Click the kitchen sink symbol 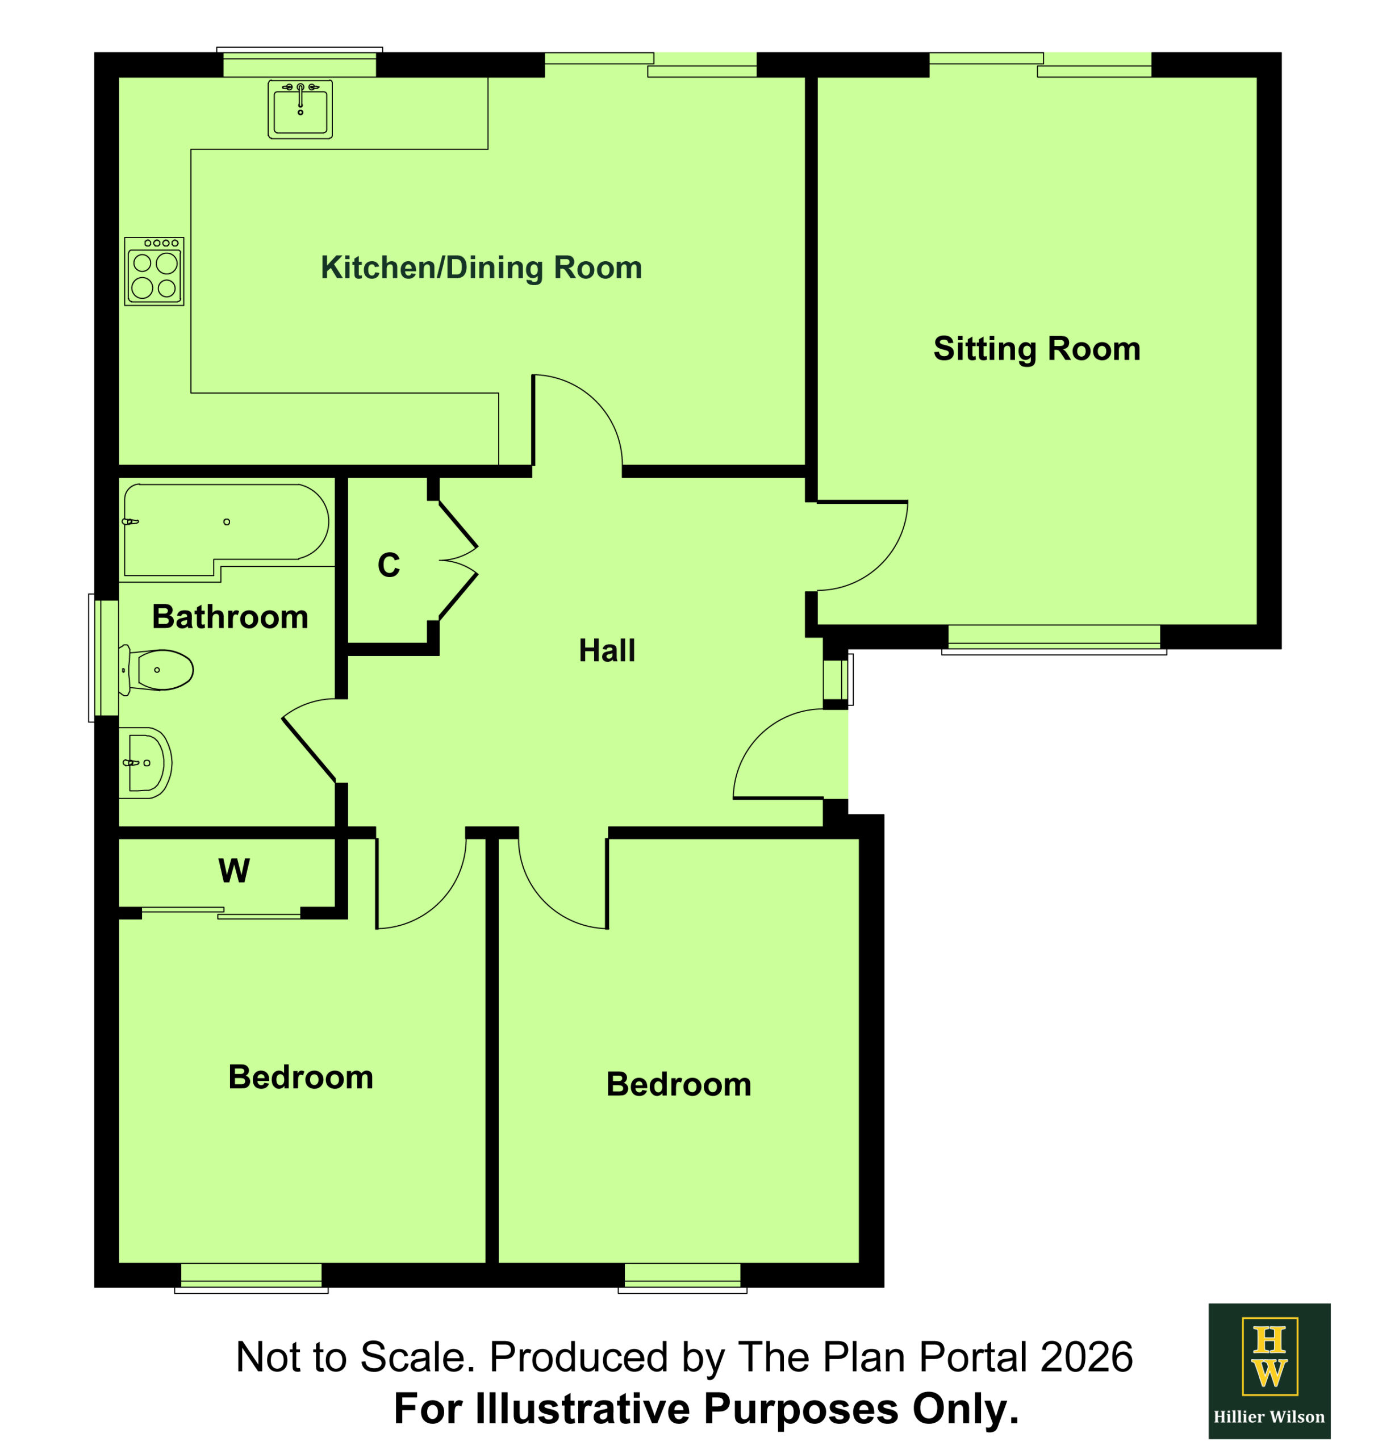click(x=300, y=110)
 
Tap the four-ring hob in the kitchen click(x=154, y=271)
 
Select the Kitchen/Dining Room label click(x=481, y=268)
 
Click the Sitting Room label click(x=1037, y=349)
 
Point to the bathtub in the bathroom click(x=226, y=529)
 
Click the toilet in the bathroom click(x=156, y=670)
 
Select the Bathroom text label click(x=230, y=617)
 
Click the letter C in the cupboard click(x=389, y=566)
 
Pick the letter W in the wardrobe click(x=233, y=871)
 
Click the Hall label click(x=607, y=651)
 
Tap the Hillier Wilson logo click(x=1270, y=1371)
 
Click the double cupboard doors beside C click(x=458, y=561)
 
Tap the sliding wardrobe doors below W click(x=220, y=913)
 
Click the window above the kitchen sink click(x=300, y=62)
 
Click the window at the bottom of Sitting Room click(x=1054, y=639)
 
